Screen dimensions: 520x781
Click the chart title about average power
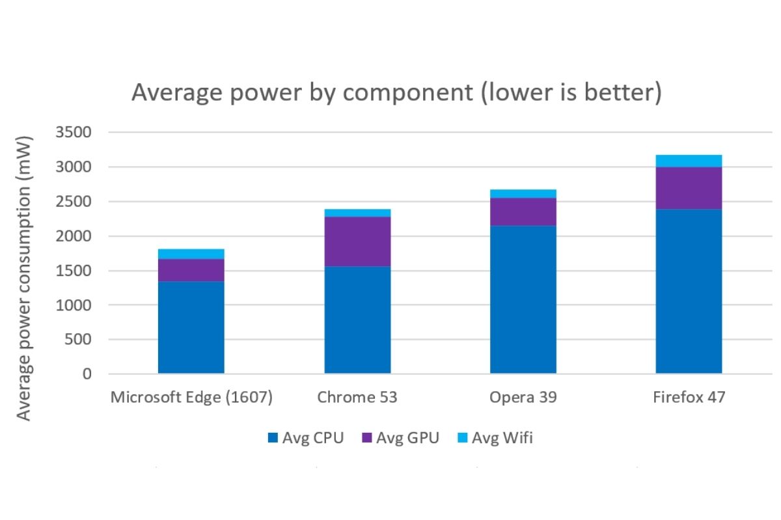[x=396, y=93]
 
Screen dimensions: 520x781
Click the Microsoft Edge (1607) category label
[x=191, y=397]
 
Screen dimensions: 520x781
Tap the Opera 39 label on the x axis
[x=523, y=397]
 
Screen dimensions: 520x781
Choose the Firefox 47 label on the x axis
[x=689, y=397]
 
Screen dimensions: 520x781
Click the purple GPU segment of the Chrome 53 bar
[x=357, y=241]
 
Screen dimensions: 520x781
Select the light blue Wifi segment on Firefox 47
[x=689, y=161]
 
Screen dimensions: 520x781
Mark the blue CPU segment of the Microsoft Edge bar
[x=191, y=327]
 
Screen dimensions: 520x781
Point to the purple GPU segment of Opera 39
[x=523, y=212]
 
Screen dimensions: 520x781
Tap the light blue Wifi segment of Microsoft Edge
[x=191, y=254]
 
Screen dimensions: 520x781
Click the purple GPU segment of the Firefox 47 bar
[x=689, y=188]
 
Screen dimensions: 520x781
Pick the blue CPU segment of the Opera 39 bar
[x=523, y=299]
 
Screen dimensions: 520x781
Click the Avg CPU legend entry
[x=305, y=438]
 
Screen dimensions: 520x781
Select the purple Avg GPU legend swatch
[x=366, y=438]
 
